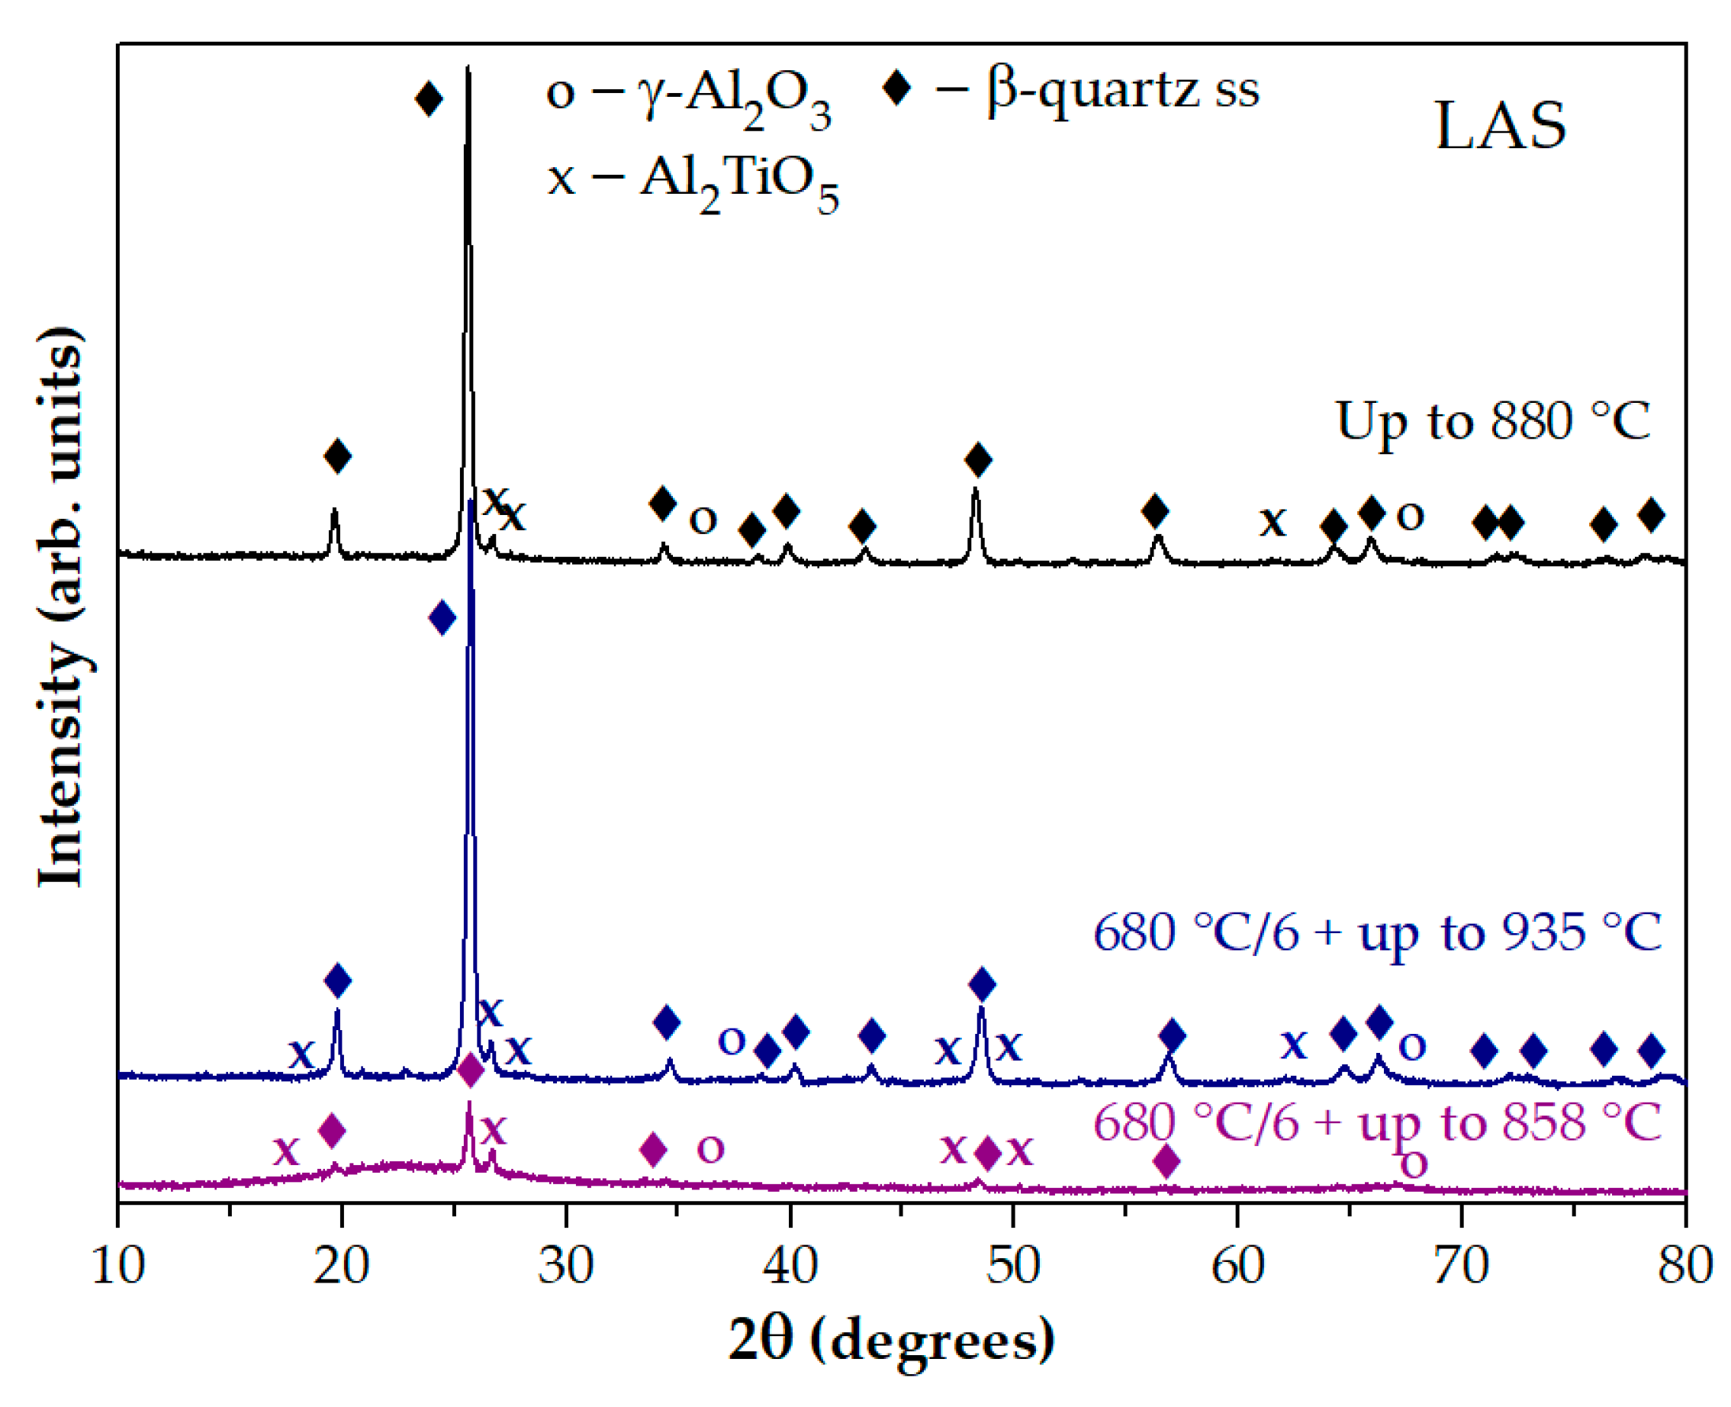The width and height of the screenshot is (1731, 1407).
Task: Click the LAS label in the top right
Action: click(x=1500, y=127)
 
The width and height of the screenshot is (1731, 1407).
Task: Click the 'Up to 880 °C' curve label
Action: click(x=1492, y=421)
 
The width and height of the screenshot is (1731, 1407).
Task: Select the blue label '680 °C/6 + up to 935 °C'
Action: click(x=1377, y=933)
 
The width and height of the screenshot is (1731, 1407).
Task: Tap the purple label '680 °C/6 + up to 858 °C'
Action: click(x=1377, y=1123)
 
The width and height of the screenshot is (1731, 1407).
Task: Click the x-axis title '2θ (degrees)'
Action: click(x=891, y=1339)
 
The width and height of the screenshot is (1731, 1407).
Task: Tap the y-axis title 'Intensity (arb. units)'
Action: click(x=62, y=608)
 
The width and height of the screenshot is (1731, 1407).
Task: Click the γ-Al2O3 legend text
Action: click(x=689, y=95)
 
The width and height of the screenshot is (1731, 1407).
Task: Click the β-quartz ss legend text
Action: click(x=1122, y=89)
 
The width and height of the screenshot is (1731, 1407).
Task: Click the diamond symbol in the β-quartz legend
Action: click(x=896, y=88)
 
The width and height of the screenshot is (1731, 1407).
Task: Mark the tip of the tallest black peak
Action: click(x=468, y=68)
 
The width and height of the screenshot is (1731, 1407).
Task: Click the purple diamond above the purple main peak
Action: click(x=471, y=1071)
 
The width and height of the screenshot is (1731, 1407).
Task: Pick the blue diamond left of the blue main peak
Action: click(x=442, y=618)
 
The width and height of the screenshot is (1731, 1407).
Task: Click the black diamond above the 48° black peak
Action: click(x=978, y=459)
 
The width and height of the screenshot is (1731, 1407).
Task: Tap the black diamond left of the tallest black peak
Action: click(x=429, y=99)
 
